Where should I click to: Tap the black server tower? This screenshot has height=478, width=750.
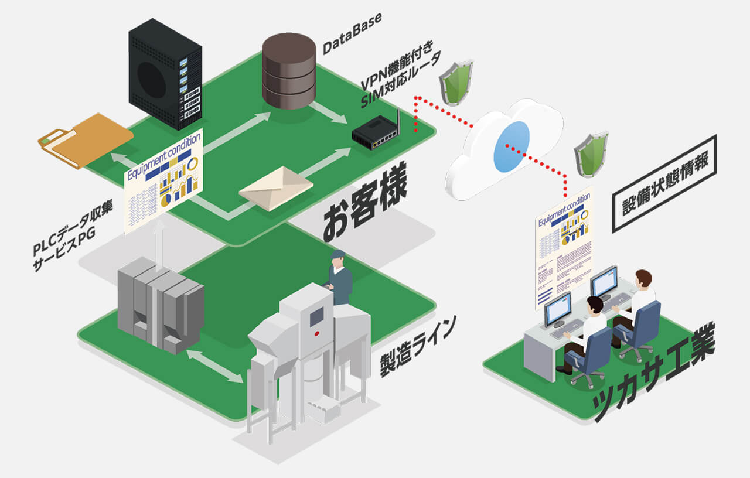click(x=165, y=73)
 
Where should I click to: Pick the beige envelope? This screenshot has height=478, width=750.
click(x=275, y=188)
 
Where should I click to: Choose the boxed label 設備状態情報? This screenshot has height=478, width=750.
click(x=664, y=183)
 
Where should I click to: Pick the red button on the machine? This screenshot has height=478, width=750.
click(x=316, y=333)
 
